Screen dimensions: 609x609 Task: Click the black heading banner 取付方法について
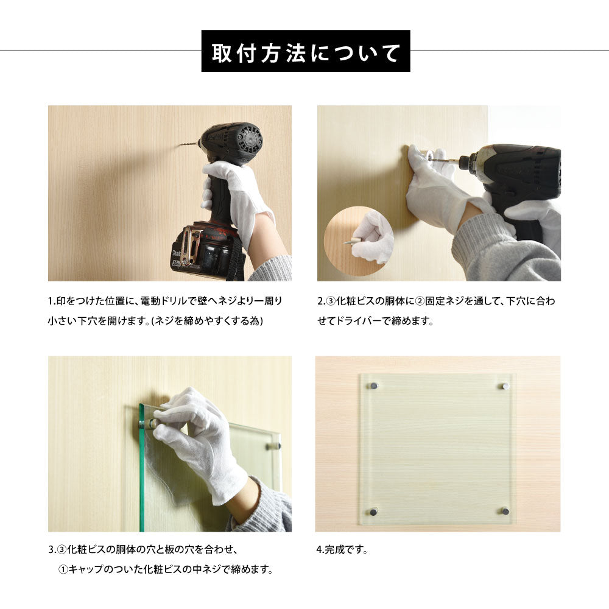pos(306,51)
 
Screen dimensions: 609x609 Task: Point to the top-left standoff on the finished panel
pos(374,385)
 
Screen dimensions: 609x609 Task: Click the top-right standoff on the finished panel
pos(505,385)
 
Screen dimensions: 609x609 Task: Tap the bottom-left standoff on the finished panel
pos(374,510)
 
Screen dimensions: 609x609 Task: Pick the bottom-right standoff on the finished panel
pos(505,510)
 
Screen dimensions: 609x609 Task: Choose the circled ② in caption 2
pos(420,301)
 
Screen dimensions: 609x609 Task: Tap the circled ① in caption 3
pos(63,569)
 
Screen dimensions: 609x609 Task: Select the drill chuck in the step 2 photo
pos(466,162)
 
